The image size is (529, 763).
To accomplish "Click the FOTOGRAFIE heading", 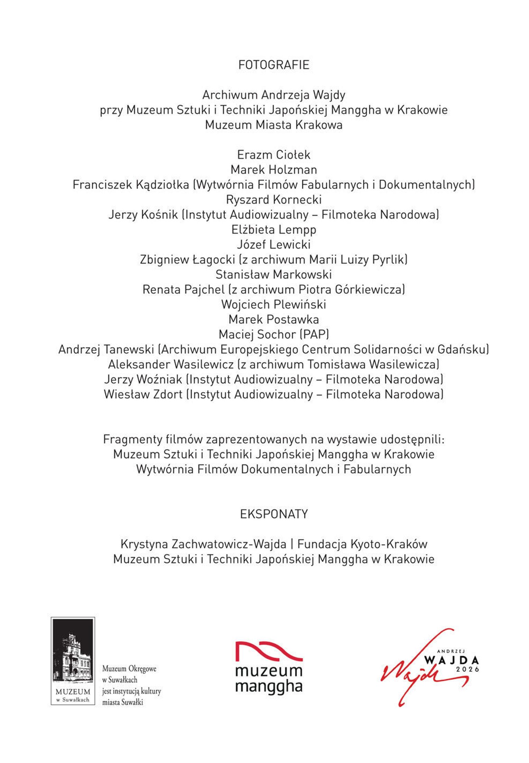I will (x=273, y=65).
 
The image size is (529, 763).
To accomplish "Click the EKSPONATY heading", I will (x=273, y=514).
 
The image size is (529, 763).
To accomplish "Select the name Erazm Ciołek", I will (x=273, y=155).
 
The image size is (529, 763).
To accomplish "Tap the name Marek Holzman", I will (x=273, y=170).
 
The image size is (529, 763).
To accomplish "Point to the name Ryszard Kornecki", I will (x=273, y=200).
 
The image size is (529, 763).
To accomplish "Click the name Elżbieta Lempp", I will (x=273, y=229).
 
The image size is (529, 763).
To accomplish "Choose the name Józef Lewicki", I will (x=273, y=245).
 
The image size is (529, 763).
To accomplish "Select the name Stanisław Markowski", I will (x=273, y=274).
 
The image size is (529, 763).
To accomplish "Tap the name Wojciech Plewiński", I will (x=273, y=305).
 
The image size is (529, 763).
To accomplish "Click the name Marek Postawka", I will (x=273, y=319).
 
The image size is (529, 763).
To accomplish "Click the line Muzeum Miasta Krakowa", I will (x=273, y=125).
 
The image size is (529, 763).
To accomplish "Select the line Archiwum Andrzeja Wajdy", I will (x=273, y=95).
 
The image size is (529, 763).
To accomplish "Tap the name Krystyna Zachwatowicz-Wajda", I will (x=203, y=544).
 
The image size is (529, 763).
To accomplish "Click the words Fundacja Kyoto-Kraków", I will (x=362, y=544).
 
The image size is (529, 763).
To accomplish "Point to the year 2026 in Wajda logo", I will (x=467, y=669).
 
